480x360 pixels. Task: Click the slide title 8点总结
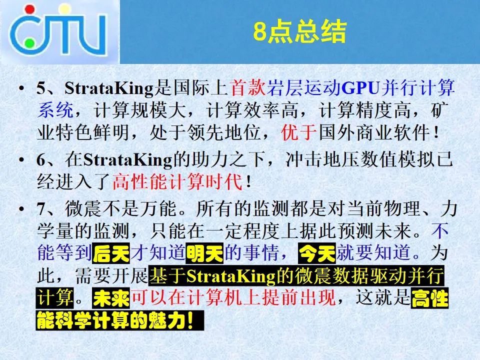299,31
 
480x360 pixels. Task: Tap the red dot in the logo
30,9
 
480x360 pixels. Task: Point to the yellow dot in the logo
64,8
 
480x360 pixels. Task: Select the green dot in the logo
29,43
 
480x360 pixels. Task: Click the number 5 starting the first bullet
41,88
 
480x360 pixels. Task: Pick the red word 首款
248,88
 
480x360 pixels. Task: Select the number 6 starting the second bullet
41,160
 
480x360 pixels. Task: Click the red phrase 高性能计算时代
177,181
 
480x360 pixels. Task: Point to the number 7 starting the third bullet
41,209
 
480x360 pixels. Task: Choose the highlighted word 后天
111,253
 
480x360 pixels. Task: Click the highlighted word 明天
204,253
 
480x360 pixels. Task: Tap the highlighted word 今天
317,253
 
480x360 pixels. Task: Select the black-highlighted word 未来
111,298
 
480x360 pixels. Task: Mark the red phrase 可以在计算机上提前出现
233,297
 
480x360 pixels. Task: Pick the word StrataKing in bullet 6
127,160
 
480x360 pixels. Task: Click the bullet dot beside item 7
21,209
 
